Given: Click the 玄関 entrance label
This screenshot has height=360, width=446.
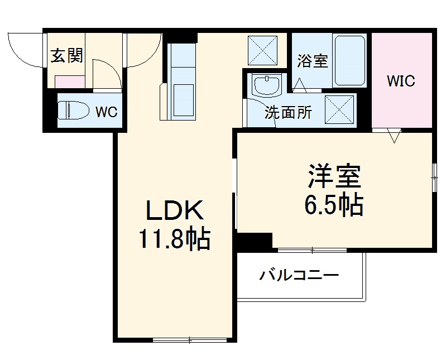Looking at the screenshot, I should (x=67, y=56).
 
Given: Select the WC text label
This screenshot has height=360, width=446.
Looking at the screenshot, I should (x=105, y=112).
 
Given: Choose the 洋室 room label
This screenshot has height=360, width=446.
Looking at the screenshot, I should (x=334, y=177).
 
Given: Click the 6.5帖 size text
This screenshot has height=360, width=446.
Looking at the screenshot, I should (x=334, y=205).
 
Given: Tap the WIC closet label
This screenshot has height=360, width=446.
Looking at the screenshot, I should (x=401, y=81).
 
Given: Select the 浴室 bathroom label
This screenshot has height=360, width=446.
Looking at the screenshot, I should (x=312, y=61).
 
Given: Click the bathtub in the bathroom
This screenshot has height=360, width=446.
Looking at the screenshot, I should (x=349, y=60).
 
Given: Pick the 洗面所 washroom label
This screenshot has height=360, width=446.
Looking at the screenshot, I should (x=288, y=113).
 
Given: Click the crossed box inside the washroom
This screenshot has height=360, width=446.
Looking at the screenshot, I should (x=339, y=109).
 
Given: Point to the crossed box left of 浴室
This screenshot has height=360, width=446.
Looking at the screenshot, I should (x=262, y=49).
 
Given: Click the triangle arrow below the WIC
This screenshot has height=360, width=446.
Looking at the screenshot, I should (x=395, y=136).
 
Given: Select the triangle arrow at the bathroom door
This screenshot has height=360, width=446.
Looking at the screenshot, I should (x=300, y=85).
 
